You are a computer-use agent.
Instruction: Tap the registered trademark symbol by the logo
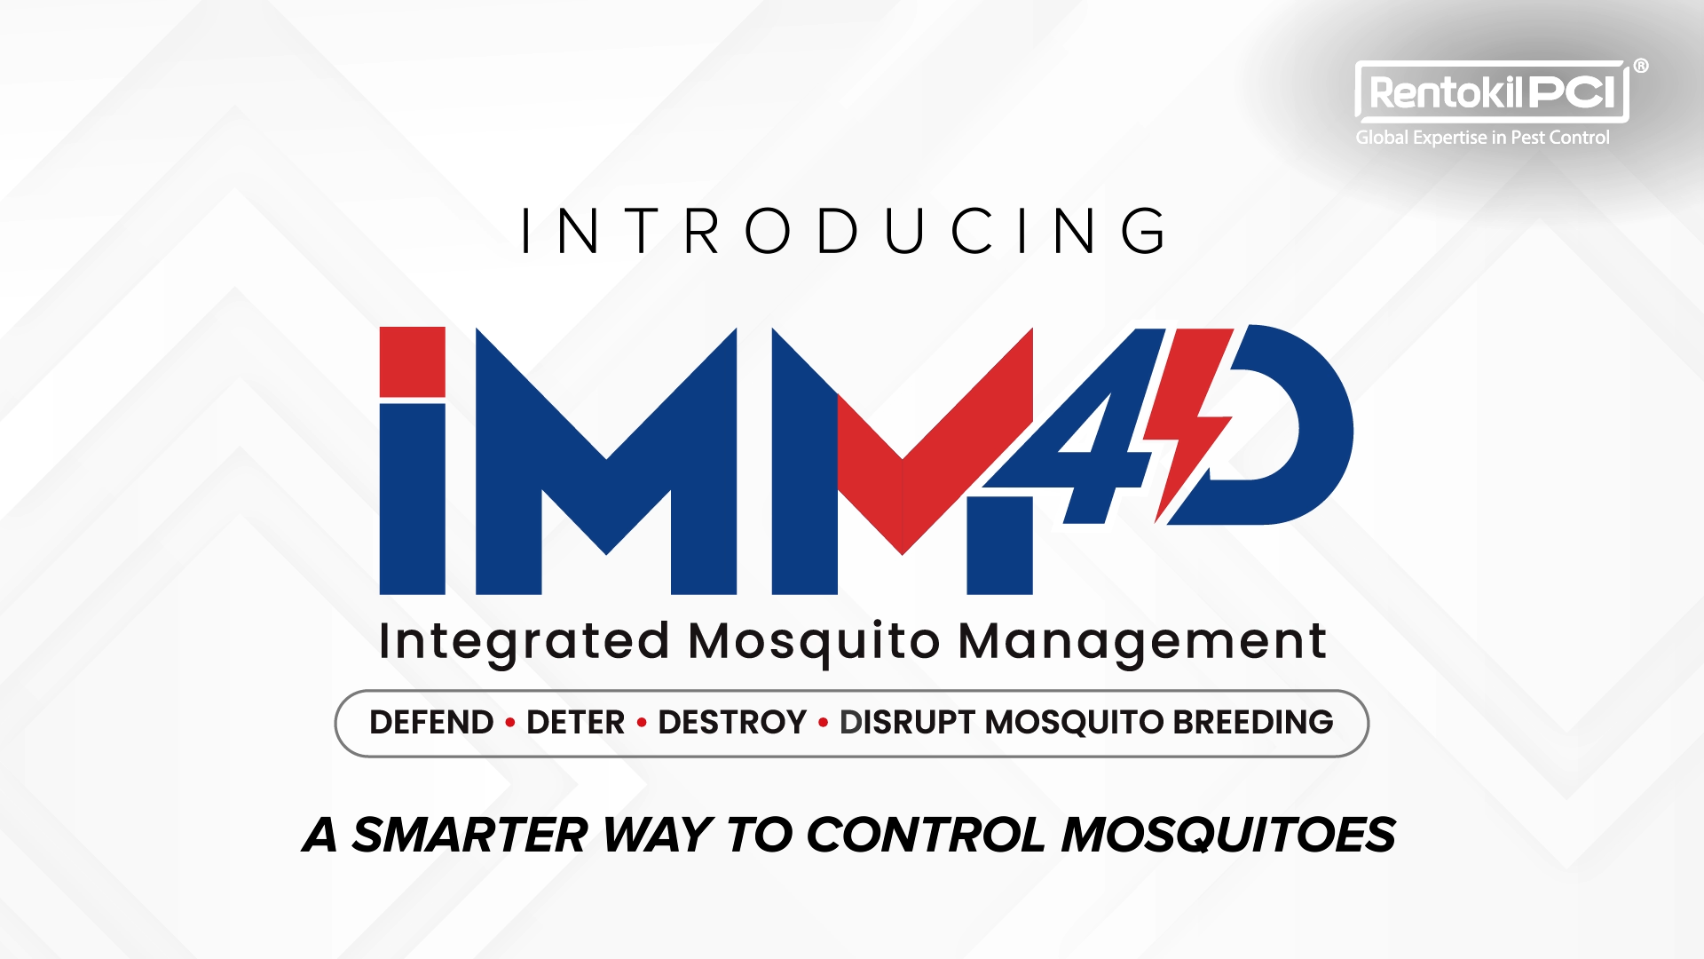click(x=1641, y=66)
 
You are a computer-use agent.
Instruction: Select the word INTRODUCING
click(x=844, y=231)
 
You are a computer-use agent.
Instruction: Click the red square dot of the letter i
click(x=412, y=361)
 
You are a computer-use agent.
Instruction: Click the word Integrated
click(x=524, y=642)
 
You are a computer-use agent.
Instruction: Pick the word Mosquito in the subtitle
click(x=814, y=642)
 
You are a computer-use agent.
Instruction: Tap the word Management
click(x=1142, y=642)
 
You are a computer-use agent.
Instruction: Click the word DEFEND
click(x=431, y=723)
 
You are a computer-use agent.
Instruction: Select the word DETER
click(x=576, y=723)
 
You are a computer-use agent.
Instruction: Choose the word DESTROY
click(x=732, y=723)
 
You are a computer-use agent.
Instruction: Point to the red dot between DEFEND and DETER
click(x=510, y=723)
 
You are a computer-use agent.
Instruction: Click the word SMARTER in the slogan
click(x=469, y=836)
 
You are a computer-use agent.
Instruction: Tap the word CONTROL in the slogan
click(x=927, y=836)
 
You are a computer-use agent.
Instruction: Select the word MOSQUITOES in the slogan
click(x=1228, y=836)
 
